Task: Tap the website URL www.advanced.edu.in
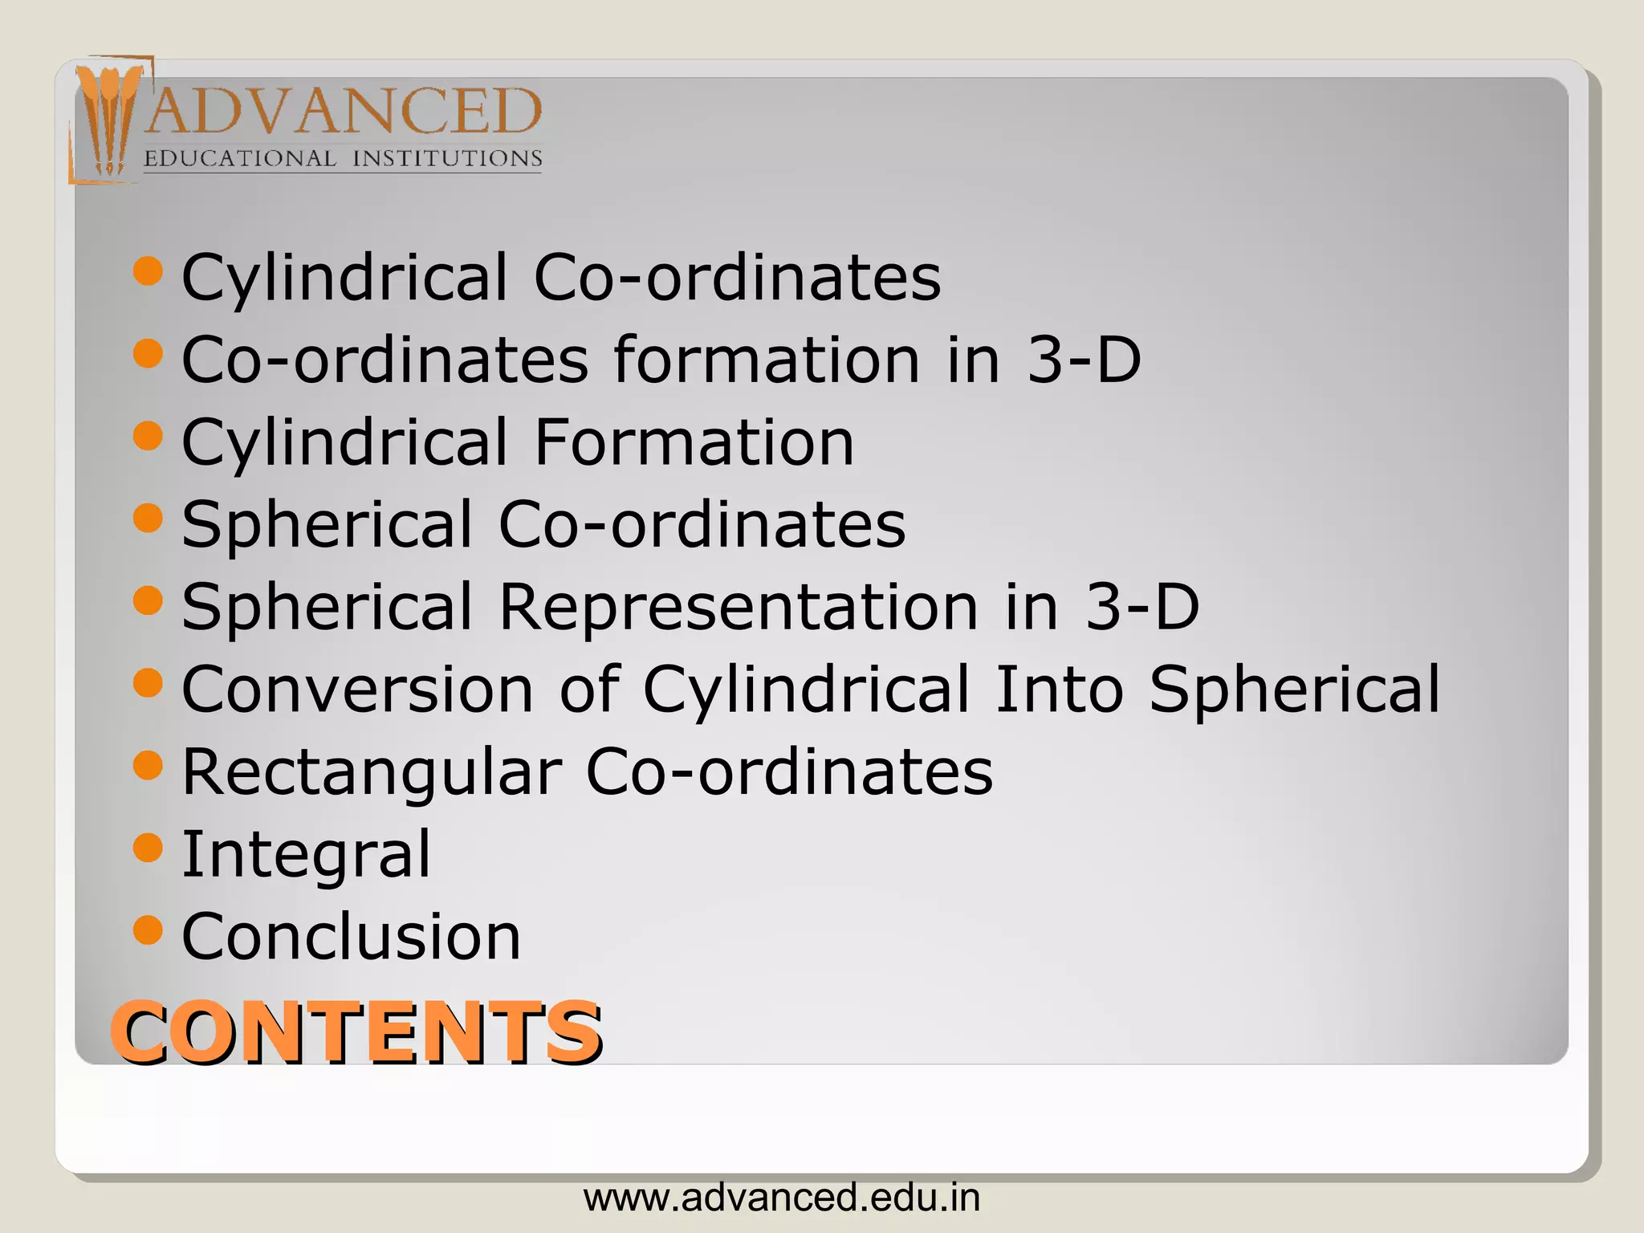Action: click(782, 1198)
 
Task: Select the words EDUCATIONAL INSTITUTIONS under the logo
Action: click(343, 158)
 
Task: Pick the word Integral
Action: click(307, 854)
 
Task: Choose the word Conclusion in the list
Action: click(352, 936)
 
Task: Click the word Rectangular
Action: click(372, 772)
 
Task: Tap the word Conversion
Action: click(358, 689)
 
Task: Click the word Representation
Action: click(739, 606)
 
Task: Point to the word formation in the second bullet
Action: click(767, 360)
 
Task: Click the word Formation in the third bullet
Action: click(694, 442)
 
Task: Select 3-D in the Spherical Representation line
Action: click(1142, 606)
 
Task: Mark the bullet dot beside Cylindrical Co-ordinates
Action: click(148, 271)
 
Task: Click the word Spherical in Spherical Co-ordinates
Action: click(328, 524)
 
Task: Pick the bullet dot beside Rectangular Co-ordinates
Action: click(148, 765)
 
